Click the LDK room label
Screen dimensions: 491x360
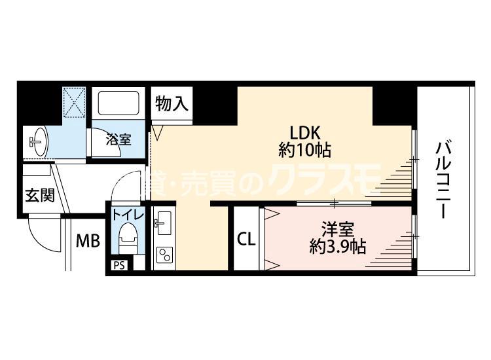(304, 133)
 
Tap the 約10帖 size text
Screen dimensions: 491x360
(304, 151)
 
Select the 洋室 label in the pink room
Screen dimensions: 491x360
(338, 230)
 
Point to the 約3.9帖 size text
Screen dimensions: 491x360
(338, 247)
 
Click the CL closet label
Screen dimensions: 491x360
(246, 240)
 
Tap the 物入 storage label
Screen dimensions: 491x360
(172, 103)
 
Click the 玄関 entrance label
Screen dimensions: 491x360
(40, 194)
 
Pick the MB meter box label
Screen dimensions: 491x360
(88, 241)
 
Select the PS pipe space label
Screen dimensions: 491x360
(119, 266)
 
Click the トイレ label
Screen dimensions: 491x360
(128, 215)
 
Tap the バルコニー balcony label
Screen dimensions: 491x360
(444, 180)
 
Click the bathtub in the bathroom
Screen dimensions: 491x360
(118, 103)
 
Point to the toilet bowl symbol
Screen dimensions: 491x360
(128, 238)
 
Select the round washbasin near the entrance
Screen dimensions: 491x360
(39, 141)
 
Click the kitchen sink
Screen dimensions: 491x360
(164, 223)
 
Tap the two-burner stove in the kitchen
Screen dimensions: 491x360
(165, 255)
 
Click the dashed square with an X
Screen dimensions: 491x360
(74, 102)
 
